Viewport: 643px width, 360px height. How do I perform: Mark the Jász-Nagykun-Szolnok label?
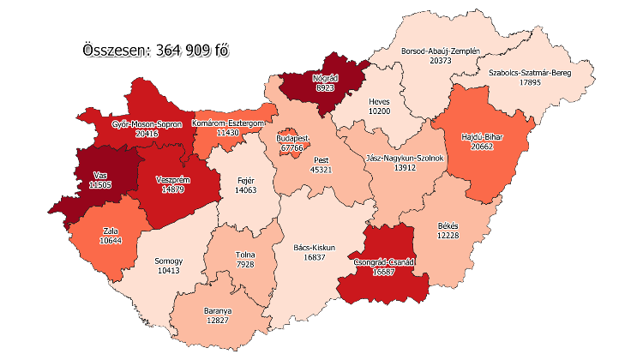click(403, 158)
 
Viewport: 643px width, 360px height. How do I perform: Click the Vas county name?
click(101, 175)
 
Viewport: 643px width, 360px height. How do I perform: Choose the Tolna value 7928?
click(245, 265)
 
